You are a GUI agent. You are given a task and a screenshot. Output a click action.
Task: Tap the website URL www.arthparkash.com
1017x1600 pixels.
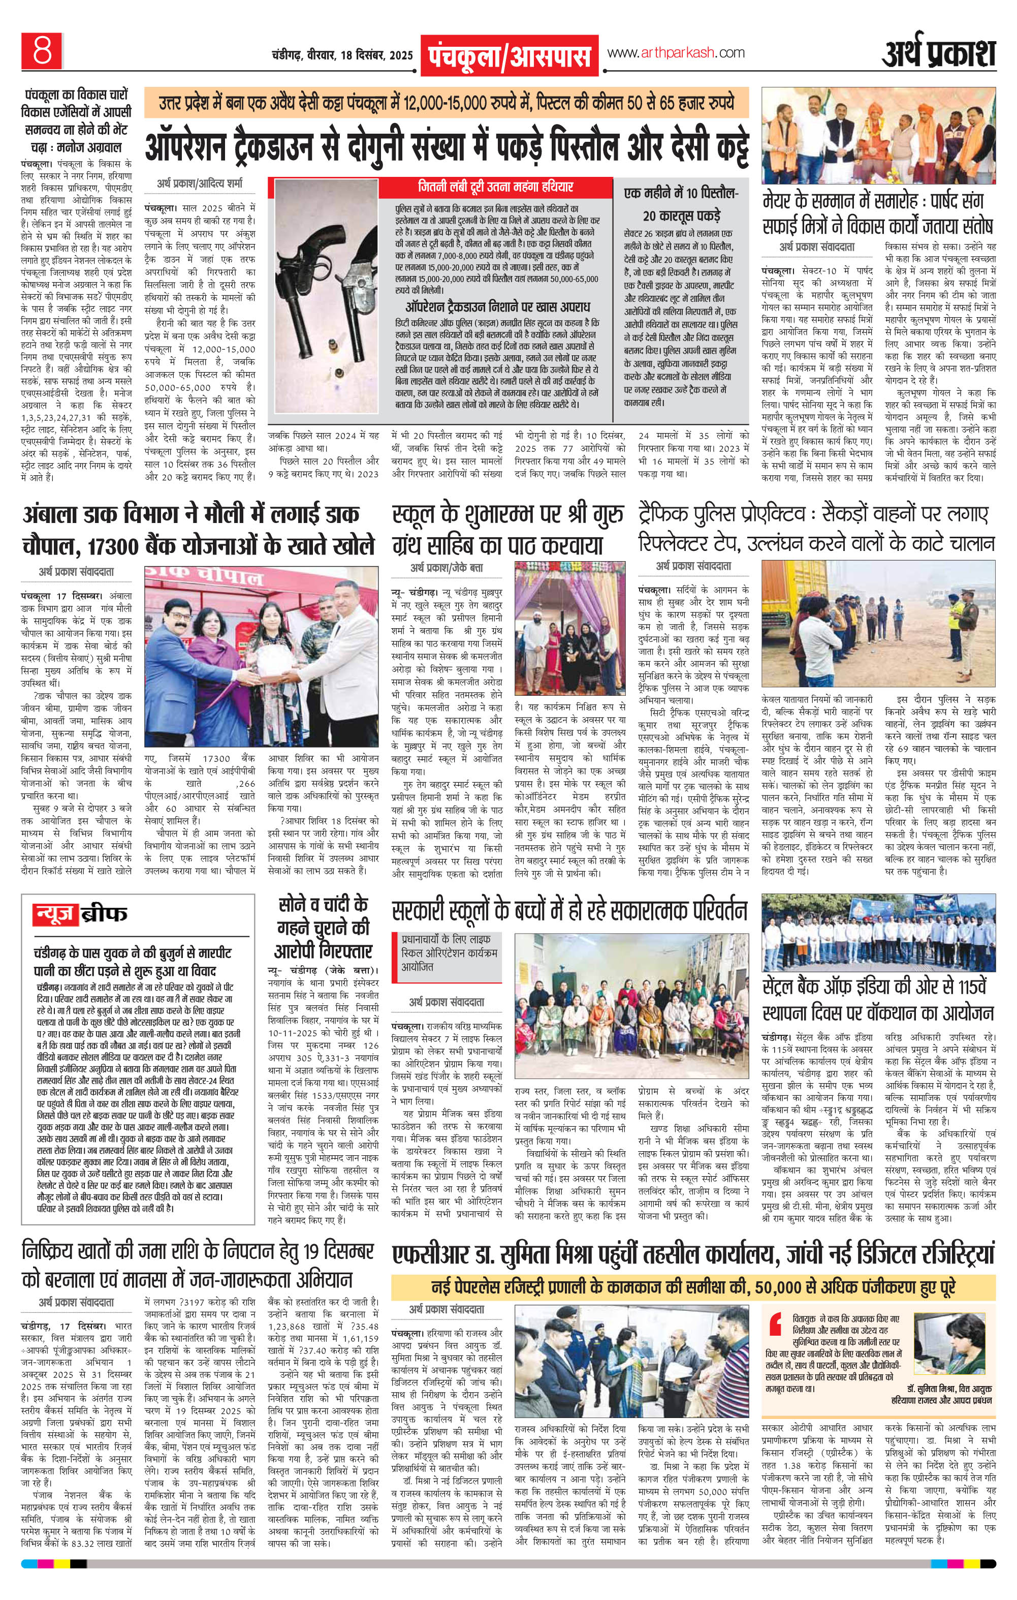(676, 53)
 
